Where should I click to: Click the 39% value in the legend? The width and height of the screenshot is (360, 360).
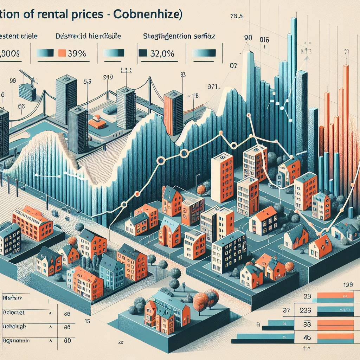point(77,53)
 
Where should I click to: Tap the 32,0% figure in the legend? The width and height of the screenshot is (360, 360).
point(161,53)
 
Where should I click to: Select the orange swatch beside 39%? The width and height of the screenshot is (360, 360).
point(62,53)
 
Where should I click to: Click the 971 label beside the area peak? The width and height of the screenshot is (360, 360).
point(213,86)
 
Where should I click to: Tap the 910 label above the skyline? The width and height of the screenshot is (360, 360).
point(108,76)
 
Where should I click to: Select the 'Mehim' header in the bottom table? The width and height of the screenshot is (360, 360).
point(13,298)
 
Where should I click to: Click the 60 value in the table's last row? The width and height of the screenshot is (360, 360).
point(67,341)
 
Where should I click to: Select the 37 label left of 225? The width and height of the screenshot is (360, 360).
point(287,310)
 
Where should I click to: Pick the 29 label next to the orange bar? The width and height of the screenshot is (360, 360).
point(307,296)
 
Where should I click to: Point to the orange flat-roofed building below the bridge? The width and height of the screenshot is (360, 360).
point(97,122)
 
